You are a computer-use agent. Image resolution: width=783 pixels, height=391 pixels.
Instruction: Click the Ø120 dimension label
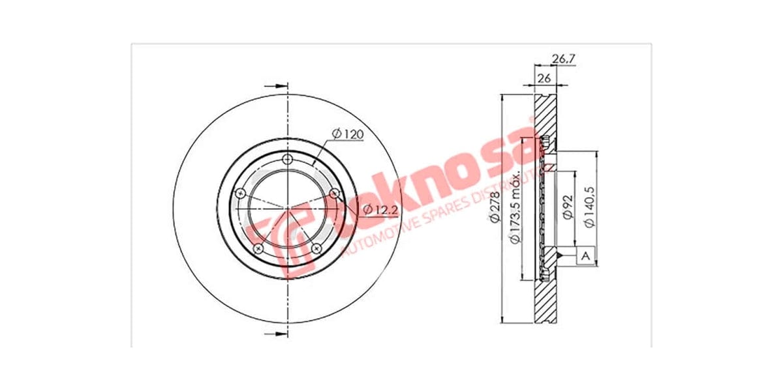pos(346,134)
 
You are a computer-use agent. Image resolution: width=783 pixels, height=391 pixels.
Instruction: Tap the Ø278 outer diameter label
pos(495,209)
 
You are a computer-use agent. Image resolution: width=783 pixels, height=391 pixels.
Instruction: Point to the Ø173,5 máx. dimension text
pos(515,209)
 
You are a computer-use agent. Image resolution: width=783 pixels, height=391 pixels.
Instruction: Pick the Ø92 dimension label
pos(567,206)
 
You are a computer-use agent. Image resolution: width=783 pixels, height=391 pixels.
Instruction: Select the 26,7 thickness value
pos(563,59)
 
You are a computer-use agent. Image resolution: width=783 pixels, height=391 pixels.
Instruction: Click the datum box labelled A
pos(585,257)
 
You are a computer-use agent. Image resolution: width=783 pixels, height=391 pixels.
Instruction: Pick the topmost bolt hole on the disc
pos(288,160)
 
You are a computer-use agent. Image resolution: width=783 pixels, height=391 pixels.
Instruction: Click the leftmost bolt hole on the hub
pos(240,194)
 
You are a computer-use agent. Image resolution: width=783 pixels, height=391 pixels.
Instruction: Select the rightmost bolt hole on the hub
pos(335,194)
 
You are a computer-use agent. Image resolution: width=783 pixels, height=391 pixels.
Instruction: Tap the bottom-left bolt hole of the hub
pos(258,249)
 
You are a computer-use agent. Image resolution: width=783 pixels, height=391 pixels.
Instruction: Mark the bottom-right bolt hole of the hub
pos(317,249)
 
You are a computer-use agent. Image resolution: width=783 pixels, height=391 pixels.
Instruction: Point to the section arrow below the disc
pos(278,334)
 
